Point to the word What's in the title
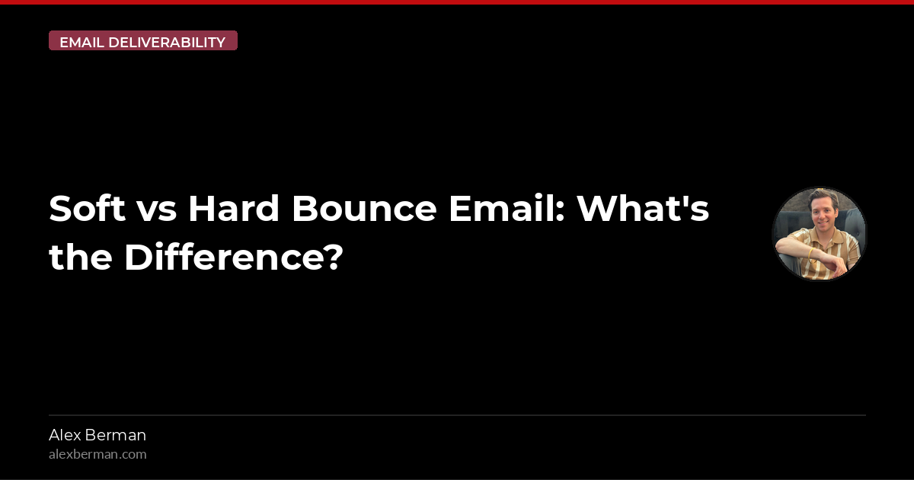coord(642,209)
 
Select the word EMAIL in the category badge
coord(81,42)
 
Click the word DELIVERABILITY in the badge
coord(167,42)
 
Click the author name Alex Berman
coord(97,435)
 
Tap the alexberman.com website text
coord(97,454)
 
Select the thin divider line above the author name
coord(457,415)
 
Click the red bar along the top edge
coord(457,2)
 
